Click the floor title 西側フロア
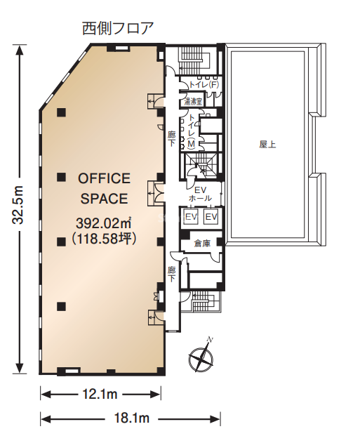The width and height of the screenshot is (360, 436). [x=118, y=28]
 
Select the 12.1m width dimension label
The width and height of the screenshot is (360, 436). [x=100, y=394]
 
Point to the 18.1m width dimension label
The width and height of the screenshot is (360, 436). [x=132, y=418]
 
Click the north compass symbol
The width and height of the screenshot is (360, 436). [x=201, y=357]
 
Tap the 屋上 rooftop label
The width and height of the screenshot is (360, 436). [x=267, y=145]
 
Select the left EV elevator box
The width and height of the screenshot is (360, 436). [x=191, y=217]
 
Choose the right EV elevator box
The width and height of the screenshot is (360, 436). [x=211, y=217]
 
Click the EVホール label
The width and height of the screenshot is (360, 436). [x=200, y=194]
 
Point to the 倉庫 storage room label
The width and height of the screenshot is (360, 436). [x=202, y=244]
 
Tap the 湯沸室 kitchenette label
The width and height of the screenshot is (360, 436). [x=193, y=102]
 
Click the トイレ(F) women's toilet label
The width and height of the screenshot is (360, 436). [x=204, y=84]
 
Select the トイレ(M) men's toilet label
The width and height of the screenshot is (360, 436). [x=192, y=131]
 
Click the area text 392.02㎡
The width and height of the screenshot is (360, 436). [x=104, y=223]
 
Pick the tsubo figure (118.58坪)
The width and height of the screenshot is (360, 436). [x=104, y=238]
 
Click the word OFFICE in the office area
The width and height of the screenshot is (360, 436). [x=104, y=178]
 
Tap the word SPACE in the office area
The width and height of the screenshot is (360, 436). [x=104, y=199]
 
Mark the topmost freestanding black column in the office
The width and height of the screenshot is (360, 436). [x=61, y=112]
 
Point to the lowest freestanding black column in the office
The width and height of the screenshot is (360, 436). [x=61, y=306]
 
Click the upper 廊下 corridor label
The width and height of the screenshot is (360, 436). [x=171, y=139]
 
